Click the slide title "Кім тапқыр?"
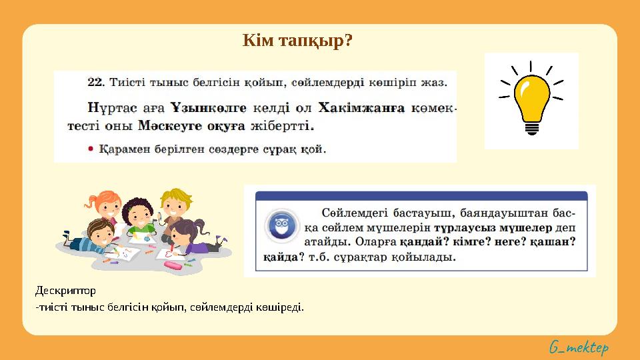point(297,41)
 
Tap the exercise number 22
point(95,83)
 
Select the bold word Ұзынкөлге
point(208,107)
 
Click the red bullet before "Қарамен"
point(91,149)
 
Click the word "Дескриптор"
point(65,291)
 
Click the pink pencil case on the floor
point(173,265)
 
